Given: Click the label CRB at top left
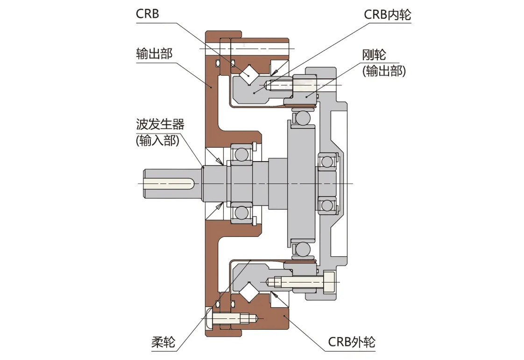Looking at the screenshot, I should pyautogui.click(x=148, y=14).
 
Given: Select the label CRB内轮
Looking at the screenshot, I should pyautogui.click(x=387, y=14).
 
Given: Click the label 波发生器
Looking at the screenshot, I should pyautogui.click(x=160, y=125).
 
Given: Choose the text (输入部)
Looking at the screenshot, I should pyautogui.click(x=157, y=140).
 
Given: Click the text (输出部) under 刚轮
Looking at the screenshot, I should pyautogui.click(x=383, y=71).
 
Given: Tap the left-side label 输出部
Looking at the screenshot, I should pyautogui.click(x=154, y=54).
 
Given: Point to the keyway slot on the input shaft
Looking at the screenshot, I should pyautogui.click(x=169, y=183).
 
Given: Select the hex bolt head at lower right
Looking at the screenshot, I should pyautogui.click(x=329, y=282).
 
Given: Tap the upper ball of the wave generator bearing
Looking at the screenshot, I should pyautogui.click(x=302, y=118).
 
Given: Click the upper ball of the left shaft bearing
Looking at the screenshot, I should pyautogui.click(x=241, y=154).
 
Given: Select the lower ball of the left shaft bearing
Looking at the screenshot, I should pyautogui.click(x=241, y=212).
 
